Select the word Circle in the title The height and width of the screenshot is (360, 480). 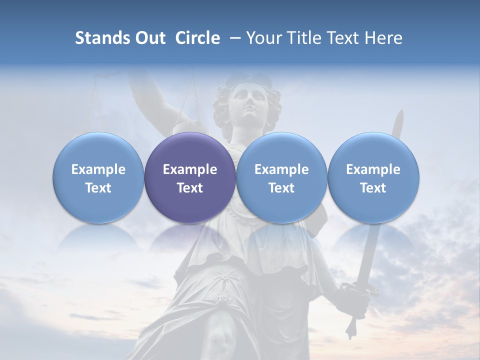(x=197, y=38)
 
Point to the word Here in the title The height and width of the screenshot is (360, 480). (x=383, y=38)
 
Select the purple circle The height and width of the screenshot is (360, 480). (x=190, y=177)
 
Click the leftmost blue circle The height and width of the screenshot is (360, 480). (x=98, y=177)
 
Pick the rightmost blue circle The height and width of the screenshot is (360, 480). (x=373, y=177)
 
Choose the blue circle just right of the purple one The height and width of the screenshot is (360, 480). (x=281, y=177)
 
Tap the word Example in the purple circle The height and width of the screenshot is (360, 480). (x=190, y=169)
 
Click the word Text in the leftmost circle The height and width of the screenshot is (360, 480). (x=98, y=188)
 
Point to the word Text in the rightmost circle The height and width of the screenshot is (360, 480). (x=373, y=188)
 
